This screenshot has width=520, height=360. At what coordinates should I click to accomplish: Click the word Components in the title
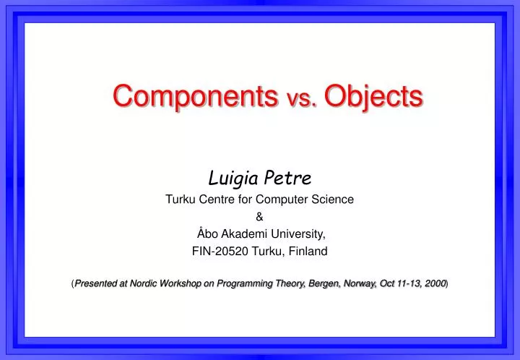pyautogui.click(x=194, y=96)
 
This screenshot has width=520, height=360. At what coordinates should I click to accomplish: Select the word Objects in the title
pyautogui.click(x=373, y=96)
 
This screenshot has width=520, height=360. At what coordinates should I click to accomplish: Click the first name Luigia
pyautogui.click(x=231, y=176)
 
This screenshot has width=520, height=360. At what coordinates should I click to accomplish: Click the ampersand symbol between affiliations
pyautogui.click(x=260, y=216)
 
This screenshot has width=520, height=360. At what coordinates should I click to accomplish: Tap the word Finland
pyautogui.click(x=307, y=252)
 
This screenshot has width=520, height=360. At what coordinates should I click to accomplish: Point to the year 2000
pyautogui.click(x=435, y=284)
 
